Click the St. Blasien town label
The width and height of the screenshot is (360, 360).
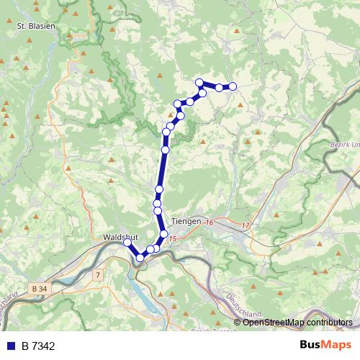click(x=36, y=25)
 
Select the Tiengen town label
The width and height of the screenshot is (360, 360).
click(x=187, y=222)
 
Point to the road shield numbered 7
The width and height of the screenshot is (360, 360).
click(x=97, y=274)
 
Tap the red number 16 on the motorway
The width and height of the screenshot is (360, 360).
click(x=210, y=223)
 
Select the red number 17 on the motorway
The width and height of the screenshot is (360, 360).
click(x=246, y=226)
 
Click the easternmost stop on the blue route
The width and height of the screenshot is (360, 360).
click(x=233, y=86)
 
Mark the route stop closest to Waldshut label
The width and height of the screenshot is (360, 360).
click(x=127, y=243)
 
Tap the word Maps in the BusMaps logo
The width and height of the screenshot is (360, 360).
click(x=337, y=346)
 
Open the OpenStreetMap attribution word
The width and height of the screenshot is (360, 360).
click(x=274, y=322)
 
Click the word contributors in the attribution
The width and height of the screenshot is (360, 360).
click(x=328, y=322)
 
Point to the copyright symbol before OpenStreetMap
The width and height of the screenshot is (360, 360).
click(x=238, y=322)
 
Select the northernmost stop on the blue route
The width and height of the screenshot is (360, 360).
click(x=199, y=82)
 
